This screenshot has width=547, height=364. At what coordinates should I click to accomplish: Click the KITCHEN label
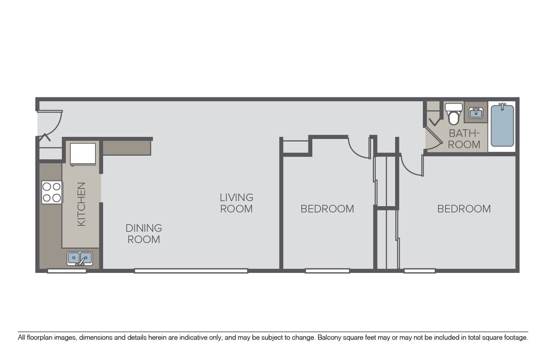(x=81, y=204)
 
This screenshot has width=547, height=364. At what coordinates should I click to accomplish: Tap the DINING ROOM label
(x=144, y=234)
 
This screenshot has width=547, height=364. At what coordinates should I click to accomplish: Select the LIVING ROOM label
(x=236, y=203)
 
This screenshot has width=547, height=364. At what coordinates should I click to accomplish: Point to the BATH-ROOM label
(x=464, y=139)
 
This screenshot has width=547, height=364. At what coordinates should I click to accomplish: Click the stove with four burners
(x=52, y=192)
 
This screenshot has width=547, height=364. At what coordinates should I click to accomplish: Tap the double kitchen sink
(x=80, y=258)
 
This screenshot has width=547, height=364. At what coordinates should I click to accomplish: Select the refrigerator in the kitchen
(x=83, y=154)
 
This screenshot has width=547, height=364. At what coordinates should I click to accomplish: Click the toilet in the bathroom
(x=453, y=113)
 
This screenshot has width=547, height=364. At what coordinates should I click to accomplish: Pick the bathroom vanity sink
(x=476, y=113)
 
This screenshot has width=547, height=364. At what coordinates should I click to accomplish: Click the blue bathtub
(x=502, y=125)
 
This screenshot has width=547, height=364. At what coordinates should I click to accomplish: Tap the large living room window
(x=191, y=271)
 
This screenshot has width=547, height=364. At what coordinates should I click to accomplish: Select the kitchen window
(x=67, y=271)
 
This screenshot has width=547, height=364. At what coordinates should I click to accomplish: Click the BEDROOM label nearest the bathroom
(x=464, y=209)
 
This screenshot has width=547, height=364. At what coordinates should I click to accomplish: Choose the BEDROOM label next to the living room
(x=327, y=209)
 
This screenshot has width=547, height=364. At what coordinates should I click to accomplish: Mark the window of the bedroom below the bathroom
(x=420, y=271)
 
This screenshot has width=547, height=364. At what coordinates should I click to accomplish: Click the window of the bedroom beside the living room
(x=327, y=271)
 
